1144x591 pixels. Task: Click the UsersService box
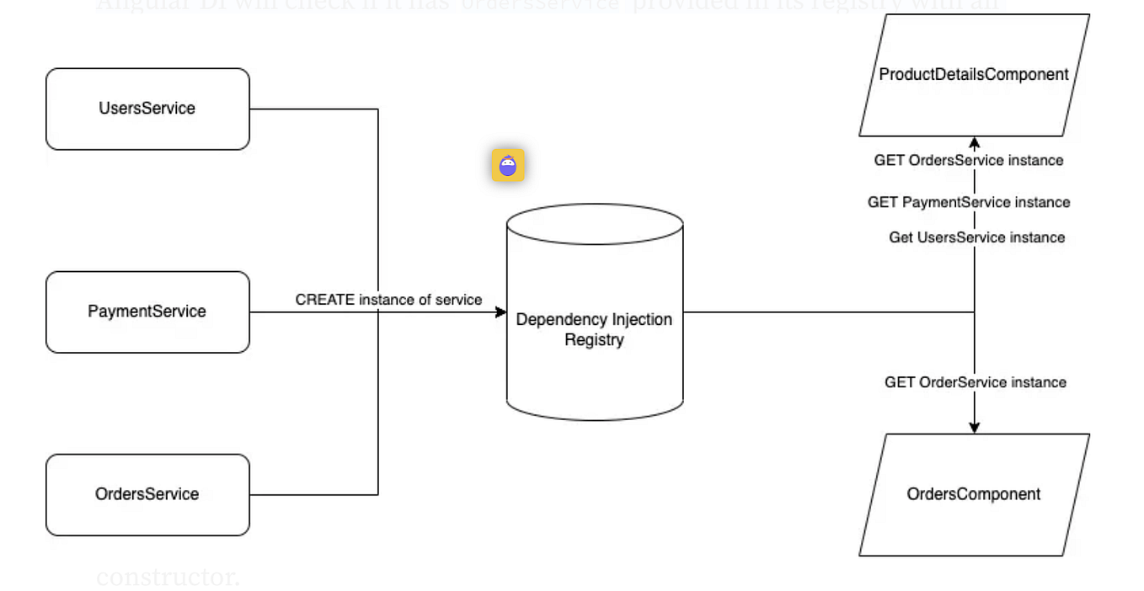(147, 109)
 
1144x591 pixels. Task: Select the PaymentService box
(147, 311)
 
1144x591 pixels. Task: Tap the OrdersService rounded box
(147, 494)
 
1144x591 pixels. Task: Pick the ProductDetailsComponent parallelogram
(973, 74)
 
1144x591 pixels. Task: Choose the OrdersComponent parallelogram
(973, 494)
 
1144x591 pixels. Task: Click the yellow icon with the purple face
(508, 166)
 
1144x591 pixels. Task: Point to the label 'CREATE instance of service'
(388, 300)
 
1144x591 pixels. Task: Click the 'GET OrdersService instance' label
(968, 160)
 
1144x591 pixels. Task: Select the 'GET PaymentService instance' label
(969, 202)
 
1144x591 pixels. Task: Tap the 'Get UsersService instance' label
(976, 237)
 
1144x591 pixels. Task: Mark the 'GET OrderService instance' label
(975, 382)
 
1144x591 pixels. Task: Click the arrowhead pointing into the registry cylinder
(501, 312)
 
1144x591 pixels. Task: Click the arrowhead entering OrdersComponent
(975, 428)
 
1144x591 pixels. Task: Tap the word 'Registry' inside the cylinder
(594, 340)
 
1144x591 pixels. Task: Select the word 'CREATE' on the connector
(325, 300)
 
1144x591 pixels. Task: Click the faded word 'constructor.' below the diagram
(168, 578)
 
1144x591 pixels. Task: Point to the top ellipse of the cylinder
(594, 224)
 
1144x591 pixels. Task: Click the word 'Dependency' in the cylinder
(557, 320)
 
